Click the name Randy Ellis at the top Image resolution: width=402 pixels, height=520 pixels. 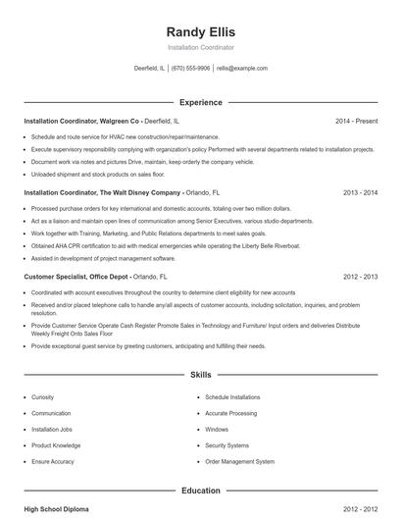(x=201, y=31)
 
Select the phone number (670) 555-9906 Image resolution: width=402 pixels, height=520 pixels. (x=190, y=69)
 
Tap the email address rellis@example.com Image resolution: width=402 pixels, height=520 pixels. (x=241, y=69)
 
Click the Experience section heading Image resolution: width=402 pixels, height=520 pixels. (x=200, y=102)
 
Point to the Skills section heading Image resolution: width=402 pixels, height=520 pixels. (x=200, y=375)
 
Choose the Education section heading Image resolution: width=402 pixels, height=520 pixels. (x=200, y=490)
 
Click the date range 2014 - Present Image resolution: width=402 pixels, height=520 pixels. (x=356, y=121)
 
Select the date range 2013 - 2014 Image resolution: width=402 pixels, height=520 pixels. (x=360, y=193)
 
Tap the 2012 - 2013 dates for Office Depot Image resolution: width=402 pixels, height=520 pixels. (x=360, y=278)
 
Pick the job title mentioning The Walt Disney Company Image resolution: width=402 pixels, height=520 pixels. (x=102, y=193)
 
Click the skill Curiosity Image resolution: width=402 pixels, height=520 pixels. (x=43, y=397)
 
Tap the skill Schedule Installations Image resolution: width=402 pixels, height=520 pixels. (x=232, y=397)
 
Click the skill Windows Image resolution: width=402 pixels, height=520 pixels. (x=217, y=429)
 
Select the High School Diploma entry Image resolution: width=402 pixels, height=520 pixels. (x=57, y=509)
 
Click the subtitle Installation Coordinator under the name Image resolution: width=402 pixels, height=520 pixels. (x=201, y=47)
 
